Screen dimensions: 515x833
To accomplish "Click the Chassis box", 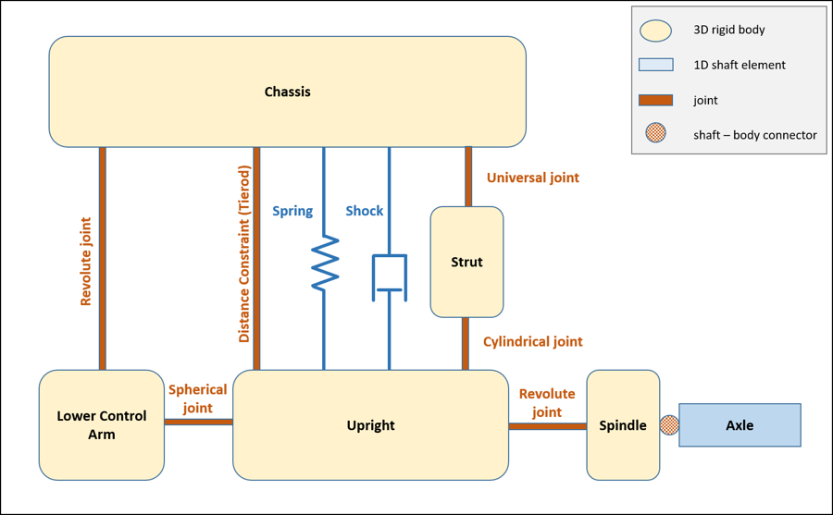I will click(287, 92).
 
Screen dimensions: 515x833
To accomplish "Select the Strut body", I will click(466, 262).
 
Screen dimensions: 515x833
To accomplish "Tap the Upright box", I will click(370, 425).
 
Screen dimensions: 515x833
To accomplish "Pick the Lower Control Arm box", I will click(102, 425).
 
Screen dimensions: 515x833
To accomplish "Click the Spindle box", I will click(623, 425).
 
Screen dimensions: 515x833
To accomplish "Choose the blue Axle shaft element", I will click(740, 425).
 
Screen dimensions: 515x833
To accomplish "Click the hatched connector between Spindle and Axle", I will click(669, 425).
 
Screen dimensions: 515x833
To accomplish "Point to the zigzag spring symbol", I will click(324, 263).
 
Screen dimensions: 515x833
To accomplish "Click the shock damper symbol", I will click(389, 276).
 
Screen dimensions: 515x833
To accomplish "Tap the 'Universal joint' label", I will click(532, 178).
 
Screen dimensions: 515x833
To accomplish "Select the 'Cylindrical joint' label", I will click(532, 342).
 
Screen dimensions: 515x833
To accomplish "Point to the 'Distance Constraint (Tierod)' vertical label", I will click(244, 254).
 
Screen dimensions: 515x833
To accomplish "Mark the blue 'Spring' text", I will click(292, 211).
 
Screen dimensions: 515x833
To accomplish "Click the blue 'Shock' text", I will click(364, 211).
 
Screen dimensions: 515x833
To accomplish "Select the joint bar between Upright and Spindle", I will click(547, 426).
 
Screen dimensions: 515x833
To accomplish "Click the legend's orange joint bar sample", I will click(655, 100).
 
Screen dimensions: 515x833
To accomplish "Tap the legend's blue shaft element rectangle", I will click(655, 65).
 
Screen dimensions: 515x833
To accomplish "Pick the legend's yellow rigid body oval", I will click(655, 31).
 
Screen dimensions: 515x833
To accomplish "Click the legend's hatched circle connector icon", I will click(655, 134).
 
